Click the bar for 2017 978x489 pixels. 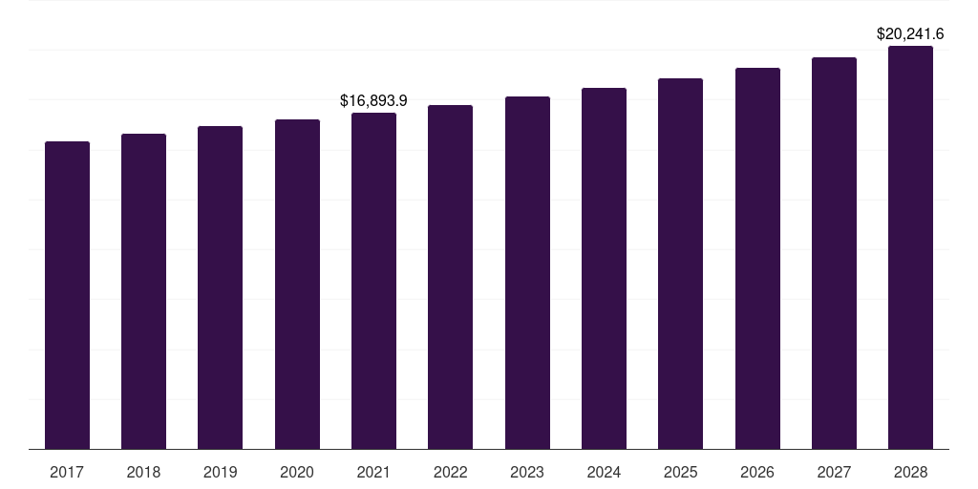tap(67, 295)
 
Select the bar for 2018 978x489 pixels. tap(143, 291)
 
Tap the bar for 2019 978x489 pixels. tap(220, 287)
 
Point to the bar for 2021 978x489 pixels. tap(373, 281)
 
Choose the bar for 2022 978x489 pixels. tap(450, 277)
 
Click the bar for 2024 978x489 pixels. tap(604, 268)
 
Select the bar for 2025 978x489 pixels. tap(680, 264)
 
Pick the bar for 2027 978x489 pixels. tap(834, 253)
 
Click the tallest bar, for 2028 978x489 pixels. tap(910, 247)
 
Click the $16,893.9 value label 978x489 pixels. tap(373, 100)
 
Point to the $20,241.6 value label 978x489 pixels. tap(910, 33)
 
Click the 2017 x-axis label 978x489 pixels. tap(67, 472)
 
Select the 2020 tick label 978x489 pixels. tap(297, 472)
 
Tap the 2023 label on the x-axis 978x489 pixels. tap(527, 472)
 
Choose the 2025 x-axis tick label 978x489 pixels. tap(680, 472)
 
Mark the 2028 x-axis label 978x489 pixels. tap(910, 472)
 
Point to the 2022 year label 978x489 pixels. tap(450, 472)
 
